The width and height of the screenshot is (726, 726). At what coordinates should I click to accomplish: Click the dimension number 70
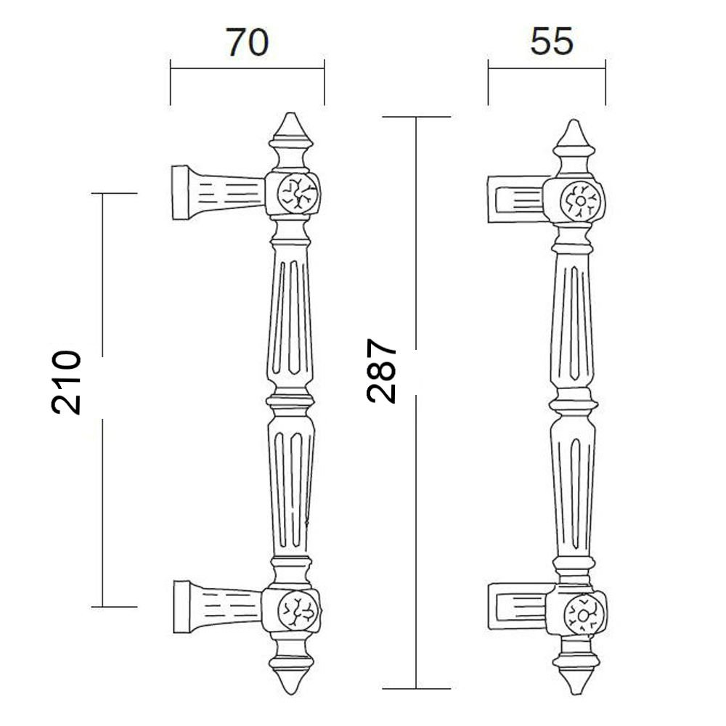click(247, 43)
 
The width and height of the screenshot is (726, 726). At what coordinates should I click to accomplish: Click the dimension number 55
click(552, 41)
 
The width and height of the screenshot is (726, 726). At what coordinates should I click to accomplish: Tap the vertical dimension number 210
click(66, 382)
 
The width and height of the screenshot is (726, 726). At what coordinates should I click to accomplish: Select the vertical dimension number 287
click(382, 371)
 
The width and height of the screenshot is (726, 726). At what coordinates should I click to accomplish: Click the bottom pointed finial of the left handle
click(290, 681)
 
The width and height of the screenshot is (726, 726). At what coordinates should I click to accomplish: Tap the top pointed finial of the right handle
click(574, 134)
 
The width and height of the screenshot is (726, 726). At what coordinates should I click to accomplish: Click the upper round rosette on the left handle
click(298, 193)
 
